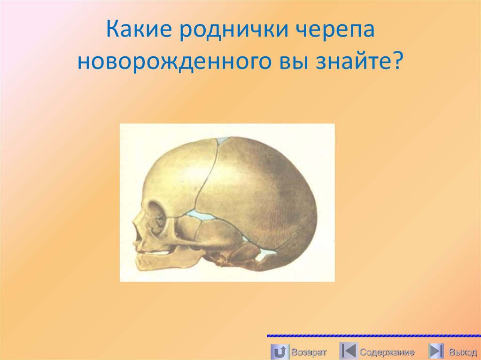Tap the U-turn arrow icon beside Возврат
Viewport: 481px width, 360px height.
point(279,351)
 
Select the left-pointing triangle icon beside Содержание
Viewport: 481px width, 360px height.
point(348,351)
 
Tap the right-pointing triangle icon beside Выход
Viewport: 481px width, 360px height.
point(436,351)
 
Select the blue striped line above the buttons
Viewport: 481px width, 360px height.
point(373,336)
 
